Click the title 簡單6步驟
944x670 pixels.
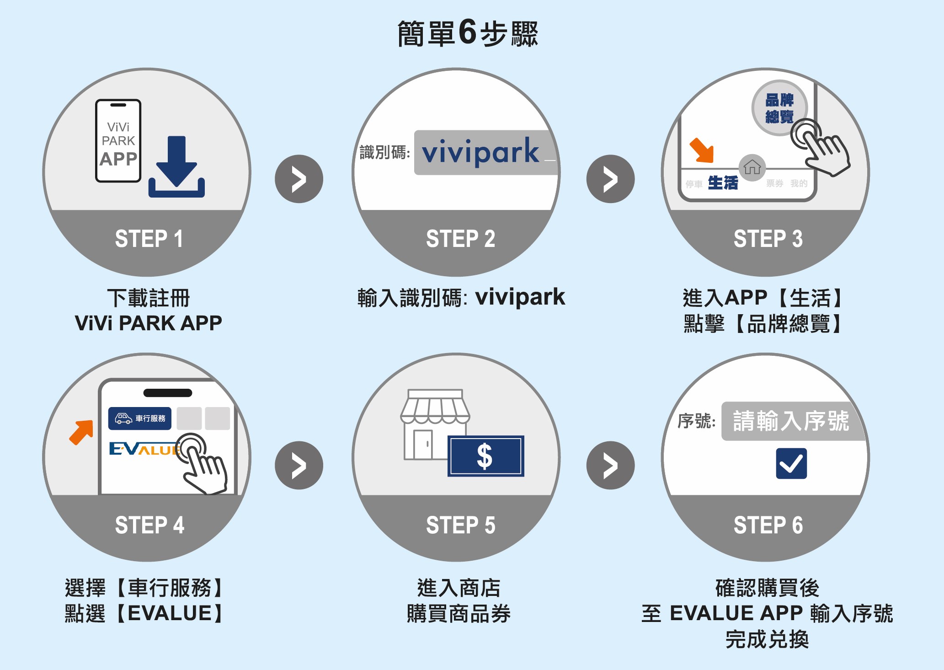468,34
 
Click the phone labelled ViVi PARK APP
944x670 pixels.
118,141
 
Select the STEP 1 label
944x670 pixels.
149,239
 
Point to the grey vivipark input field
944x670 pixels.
485,153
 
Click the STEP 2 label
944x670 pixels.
460,239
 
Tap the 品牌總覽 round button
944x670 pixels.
779,108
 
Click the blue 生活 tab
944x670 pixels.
723,183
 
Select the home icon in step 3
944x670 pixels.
752,167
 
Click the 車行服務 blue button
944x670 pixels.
140,418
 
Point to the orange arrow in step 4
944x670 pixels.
81,432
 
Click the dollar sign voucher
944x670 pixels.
485,456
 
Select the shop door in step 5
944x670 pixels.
422,445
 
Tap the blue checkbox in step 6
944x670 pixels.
791,464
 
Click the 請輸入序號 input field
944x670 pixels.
792,421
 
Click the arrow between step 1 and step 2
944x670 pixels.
299,179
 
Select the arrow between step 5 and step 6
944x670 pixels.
610,466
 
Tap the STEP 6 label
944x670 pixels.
768,525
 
